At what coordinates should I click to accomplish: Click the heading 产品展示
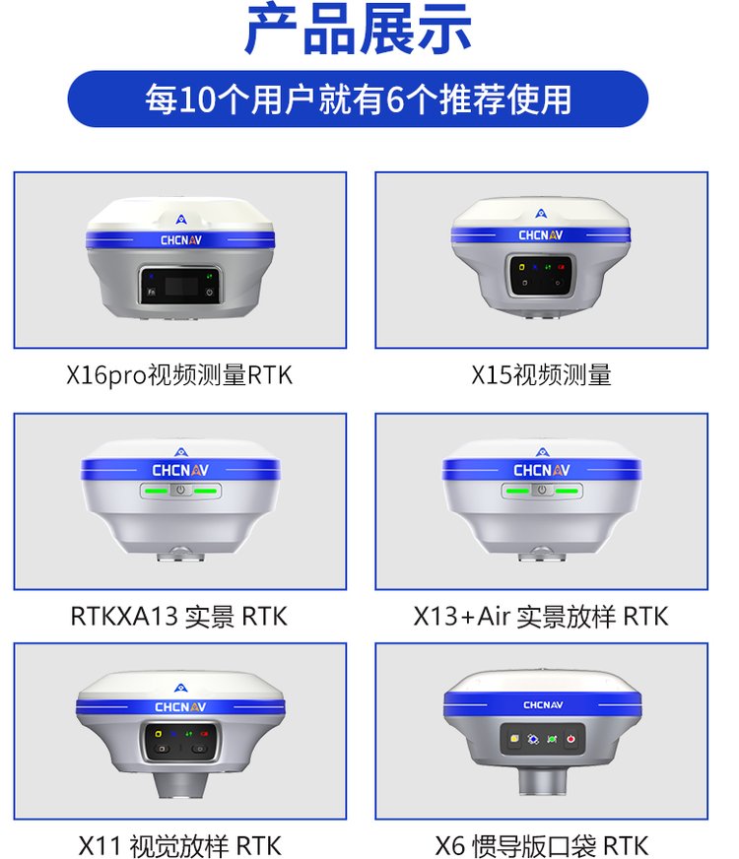coord(358,29)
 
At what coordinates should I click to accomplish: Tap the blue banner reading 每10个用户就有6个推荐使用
coord(358,99)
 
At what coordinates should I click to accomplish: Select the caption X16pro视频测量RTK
coord(179,376)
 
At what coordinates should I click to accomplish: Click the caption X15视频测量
coord(541,376)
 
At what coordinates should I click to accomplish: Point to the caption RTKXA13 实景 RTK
coord(179,617)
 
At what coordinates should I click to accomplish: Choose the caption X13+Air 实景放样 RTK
coord(541,617)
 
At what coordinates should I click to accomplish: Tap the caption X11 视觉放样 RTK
coord(179,846)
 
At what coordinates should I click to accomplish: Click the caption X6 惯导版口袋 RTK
coord(542,846)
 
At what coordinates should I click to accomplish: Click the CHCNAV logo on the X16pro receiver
coord(181,240)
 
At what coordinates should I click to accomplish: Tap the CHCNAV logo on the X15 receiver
coord(541,235)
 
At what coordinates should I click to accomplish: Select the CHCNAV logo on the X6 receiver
coord(543,705)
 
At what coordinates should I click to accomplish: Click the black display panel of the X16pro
coord(181,285)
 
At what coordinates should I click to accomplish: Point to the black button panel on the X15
coord(541,275)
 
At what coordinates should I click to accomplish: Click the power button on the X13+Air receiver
coord(542,491)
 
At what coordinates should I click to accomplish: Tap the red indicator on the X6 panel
coord(571,739)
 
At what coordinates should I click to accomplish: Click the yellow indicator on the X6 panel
coord(514,739)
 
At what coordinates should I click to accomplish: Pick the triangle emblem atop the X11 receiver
coord(180,688)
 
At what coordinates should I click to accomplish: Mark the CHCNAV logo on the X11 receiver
coord(180,707)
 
